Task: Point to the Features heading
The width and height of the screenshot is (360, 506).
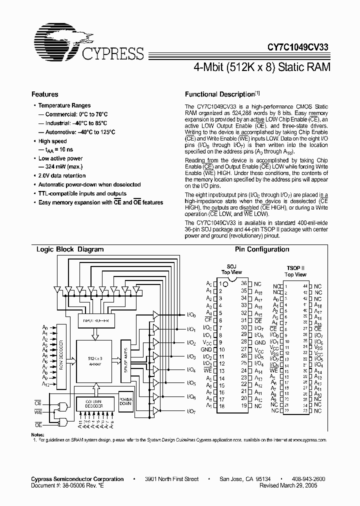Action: point(44,94)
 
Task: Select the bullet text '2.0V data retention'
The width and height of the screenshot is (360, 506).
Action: point(62,176)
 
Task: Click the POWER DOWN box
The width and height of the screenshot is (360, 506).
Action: point(125,403)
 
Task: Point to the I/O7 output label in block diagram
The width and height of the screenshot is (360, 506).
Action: point(191,411)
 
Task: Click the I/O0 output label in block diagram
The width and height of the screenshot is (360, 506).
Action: point(191,315)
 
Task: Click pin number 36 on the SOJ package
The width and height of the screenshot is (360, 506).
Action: point(243,284)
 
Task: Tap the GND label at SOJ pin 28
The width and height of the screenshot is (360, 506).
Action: point(259,342)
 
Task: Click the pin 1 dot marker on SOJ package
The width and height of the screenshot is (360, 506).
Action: point(225,284)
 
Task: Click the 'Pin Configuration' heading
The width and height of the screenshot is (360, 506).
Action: point(262,249)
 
